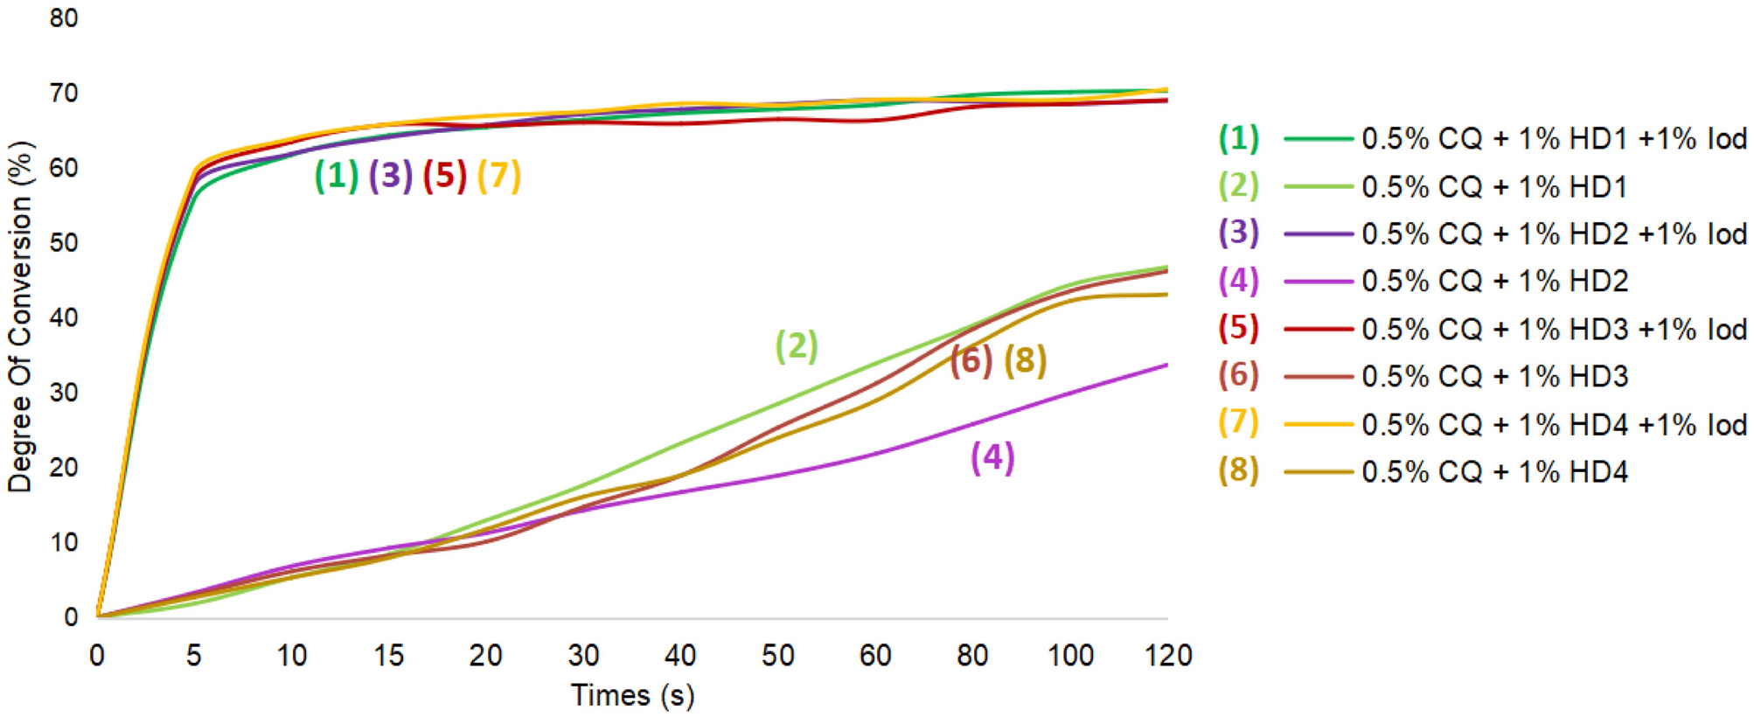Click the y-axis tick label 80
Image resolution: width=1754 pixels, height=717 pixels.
pos(64,18)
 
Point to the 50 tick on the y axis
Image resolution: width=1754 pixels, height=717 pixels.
pos(64,242)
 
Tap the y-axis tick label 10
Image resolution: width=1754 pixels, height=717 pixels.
pos(64,542)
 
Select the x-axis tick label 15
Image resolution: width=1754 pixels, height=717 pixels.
pos(388,655)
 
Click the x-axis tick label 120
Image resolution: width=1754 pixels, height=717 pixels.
pos(1168,655)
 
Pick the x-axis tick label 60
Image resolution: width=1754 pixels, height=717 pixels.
pos(874,655)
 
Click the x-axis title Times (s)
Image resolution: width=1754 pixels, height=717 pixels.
pos(632,695)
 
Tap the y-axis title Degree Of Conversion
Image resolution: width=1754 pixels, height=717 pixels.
pos(19,317)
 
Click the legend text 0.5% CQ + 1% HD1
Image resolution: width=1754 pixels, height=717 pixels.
pos(1494,186)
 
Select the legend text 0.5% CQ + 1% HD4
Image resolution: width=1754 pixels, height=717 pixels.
pos(1494,471)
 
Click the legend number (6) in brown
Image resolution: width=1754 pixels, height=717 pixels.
pos(1238,375)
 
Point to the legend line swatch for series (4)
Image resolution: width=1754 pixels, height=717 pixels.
pos(1319,282)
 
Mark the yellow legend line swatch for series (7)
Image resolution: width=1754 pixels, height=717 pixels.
pos(1319,424)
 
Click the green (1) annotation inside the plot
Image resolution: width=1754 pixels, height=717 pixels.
pos(337,175)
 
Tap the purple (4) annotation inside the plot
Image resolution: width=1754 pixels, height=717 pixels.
pos(992,457)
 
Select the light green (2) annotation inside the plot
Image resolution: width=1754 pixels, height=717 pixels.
pos(797,346)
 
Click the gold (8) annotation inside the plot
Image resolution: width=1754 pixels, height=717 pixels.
pos(1025,360)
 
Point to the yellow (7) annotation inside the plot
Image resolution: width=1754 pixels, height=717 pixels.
pos(499,175)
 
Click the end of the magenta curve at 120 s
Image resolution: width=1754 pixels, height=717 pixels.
pos(1166,365)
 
